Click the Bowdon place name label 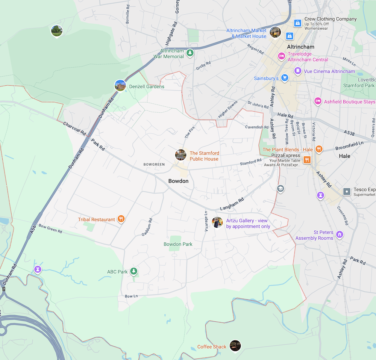pos(178,181)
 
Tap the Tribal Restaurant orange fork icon pos(121,219)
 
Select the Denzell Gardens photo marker pos(120,86)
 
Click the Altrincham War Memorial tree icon pos(190,53)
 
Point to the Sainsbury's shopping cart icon pos(285,78)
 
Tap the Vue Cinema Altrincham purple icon pos(297,71)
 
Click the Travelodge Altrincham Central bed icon pos(281,56)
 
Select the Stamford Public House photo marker pos(181,155)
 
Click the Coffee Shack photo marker pos(235,345)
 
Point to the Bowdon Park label pos(178,244)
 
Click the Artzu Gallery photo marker pos(217,222)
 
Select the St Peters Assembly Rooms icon pos(340,234)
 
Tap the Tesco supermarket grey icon pos(347,192)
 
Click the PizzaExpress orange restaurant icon pos(307,159)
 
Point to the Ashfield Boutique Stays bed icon pos(318,101)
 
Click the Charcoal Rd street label pos(74,129)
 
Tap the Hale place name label pos(344,156)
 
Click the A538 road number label pos(349,132)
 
